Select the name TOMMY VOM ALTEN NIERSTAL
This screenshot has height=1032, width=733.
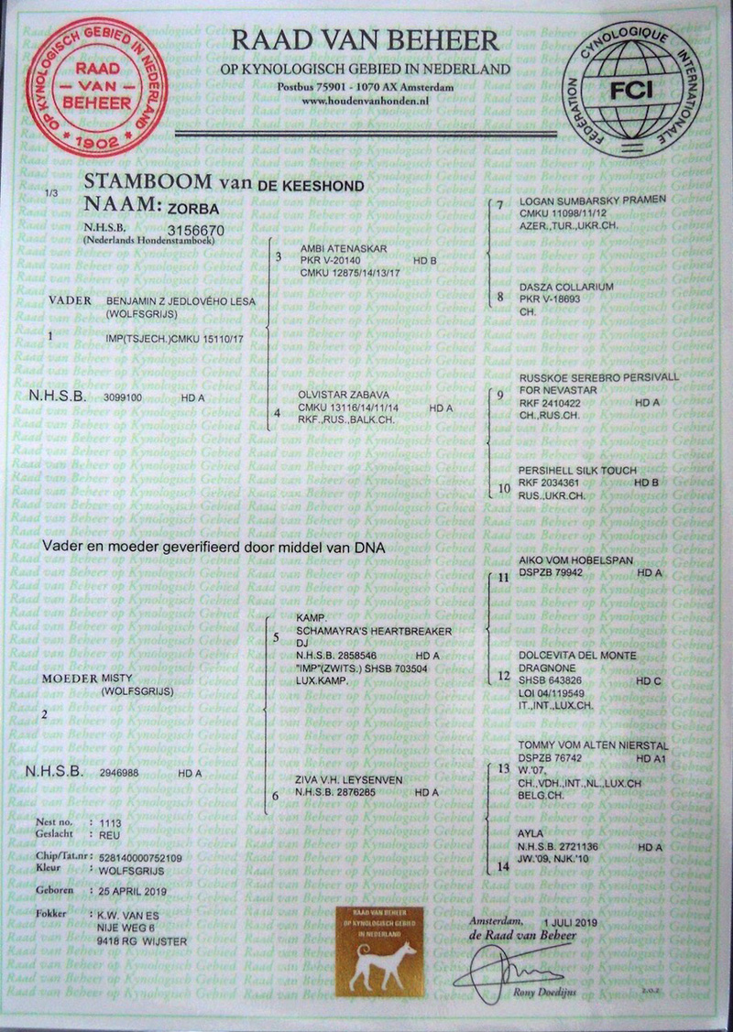(593, 746)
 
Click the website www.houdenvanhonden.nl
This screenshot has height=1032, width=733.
(366, 101)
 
